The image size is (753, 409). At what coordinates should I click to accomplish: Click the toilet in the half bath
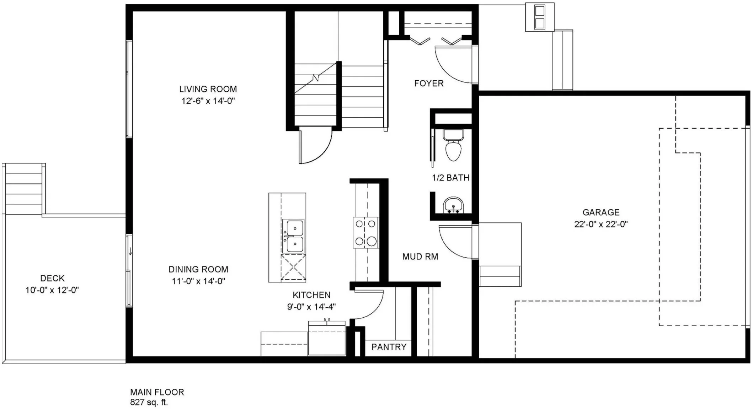click(x=453, y=145)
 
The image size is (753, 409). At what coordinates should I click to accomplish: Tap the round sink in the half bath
click(x=453, y=205)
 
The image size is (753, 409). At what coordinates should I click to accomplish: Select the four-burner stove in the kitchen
click(x=366, y=232)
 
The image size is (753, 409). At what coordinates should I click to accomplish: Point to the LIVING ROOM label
click(x=208, y=89)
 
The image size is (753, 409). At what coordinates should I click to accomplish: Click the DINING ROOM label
click(x=198, y=269)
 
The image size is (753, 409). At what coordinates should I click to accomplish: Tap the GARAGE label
click(x=601, y=212)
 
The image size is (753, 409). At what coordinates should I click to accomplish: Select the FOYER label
click(x=429, y=84)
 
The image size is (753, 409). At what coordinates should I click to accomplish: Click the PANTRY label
click(x=389, y=347)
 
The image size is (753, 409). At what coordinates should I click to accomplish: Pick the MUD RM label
click(x=420, y=257)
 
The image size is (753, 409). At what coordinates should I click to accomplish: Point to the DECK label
click(x=52, y=278)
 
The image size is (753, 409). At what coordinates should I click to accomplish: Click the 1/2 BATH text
click(x=451, y=178)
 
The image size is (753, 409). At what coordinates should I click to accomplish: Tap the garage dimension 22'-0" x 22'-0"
click(x=601, y=224)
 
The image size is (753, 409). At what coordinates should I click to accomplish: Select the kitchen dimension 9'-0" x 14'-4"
click(x=311, y=307)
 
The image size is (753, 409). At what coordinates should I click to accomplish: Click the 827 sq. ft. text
click(x=149, y=403)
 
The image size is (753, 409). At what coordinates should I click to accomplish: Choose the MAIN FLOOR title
click(x=157, y=392)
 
